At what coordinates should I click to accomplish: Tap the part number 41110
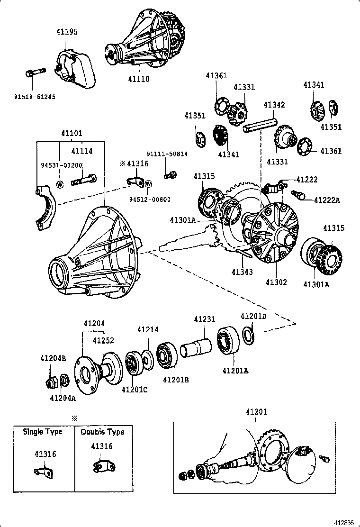[138, 79]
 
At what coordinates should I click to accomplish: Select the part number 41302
[276, 282]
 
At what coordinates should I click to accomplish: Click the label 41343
[243, 272]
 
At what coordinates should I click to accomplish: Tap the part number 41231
[205, 320]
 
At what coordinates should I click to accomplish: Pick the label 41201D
[253, 317]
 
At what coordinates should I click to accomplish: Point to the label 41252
[103, 341]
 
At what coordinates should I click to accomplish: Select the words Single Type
[43, 432]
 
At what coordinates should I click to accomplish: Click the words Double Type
[102, 432]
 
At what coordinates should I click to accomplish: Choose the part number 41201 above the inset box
[256, 412]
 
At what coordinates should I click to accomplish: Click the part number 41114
[82, 151]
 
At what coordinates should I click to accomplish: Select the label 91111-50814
[166, 154]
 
